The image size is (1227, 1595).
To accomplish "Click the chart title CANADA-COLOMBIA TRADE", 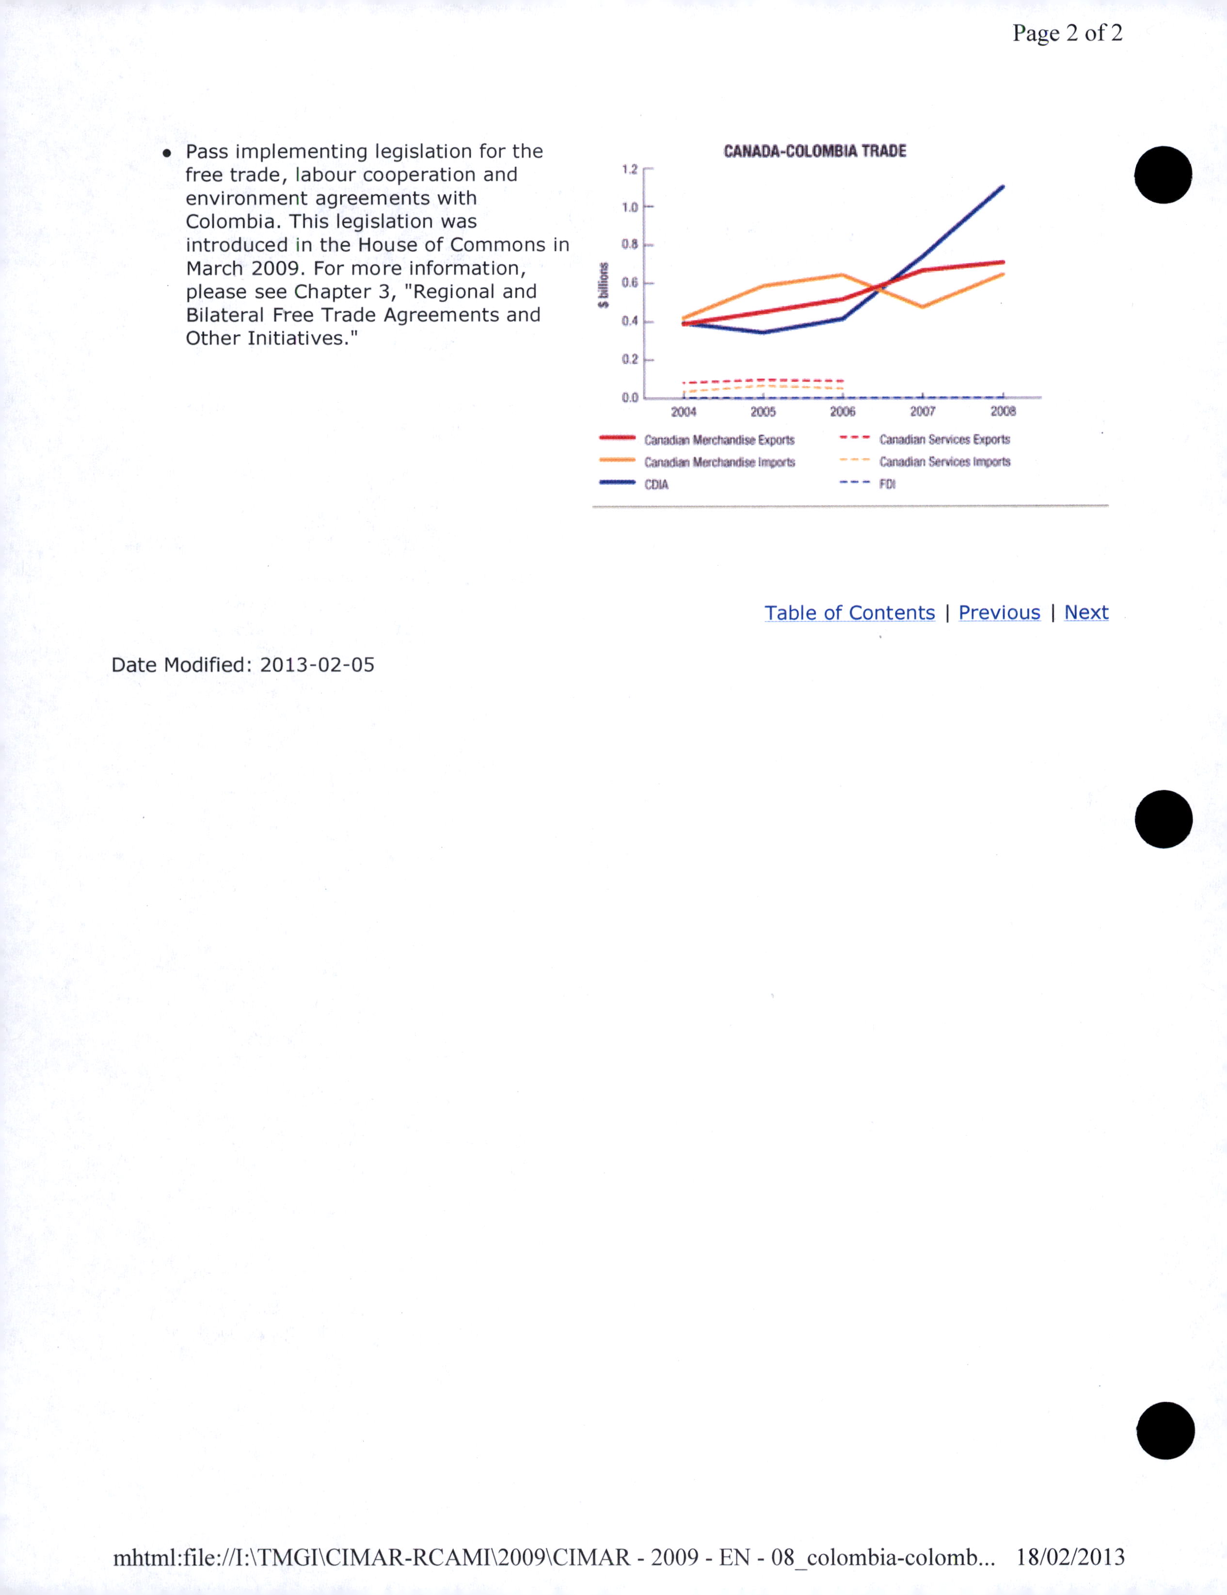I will [x=814, y=151].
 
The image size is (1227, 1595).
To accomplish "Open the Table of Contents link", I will [x=849, y=613].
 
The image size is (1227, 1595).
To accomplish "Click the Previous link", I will [x=999, y=613].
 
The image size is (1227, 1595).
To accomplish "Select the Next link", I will [x=1086, y=613].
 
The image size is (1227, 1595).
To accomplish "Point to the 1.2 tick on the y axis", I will [x=630, y=169].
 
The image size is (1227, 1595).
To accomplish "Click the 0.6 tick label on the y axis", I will [x=630, y=283].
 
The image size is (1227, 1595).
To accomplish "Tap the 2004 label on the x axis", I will [x=684, y=412].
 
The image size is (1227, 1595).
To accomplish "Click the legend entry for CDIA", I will [x=656, y=484].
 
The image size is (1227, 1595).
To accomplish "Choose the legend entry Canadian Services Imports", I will [x=944, y=462].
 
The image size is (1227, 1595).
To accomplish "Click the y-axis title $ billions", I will [x=603, y=285].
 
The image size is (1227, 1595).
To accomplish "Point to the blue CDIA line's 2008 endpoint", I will [x=1003, y=187].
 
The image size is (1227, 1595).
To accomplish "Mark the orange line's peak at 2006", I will [x=843, y=275].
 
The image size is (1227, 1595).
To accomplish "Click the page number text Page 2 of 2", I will [x=1067, y=33].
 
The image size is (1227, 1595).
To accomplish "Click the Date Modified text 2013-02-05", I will [x=317, y=665].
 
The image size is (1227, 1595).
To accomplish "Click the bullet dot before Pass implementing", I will [x=167, y=153].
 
